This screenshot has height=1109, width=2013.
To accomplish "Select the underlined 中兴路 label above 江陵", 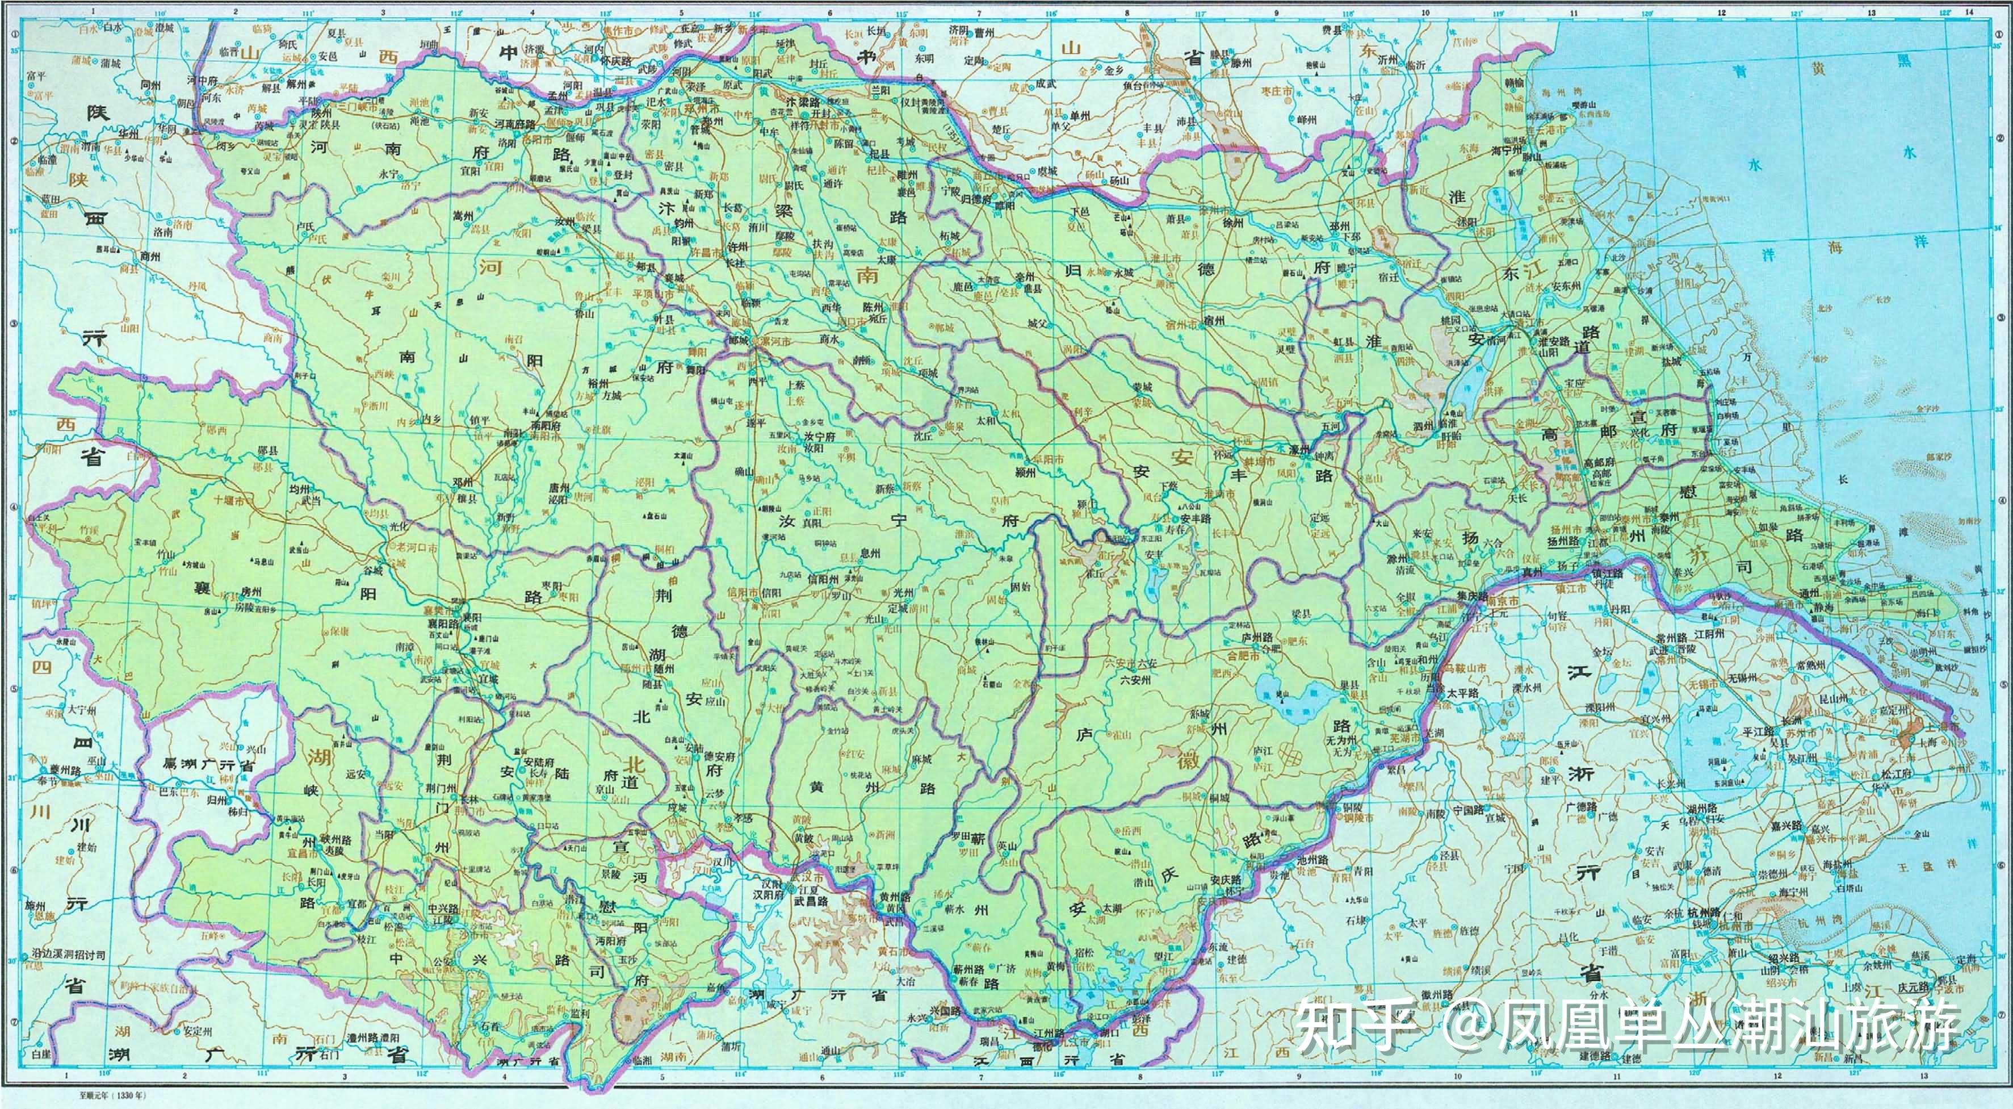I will (x=444, y=909).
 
